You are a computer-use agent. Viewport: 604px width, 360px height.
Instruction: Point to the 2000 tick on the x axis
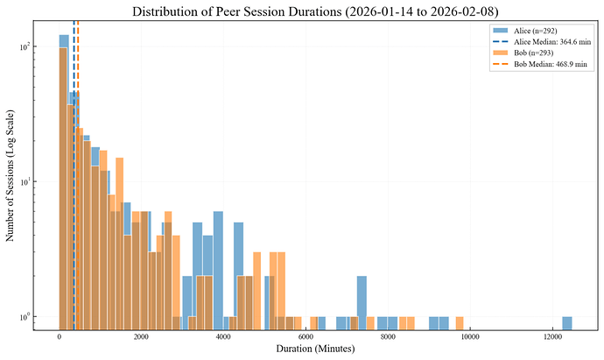(142, 335)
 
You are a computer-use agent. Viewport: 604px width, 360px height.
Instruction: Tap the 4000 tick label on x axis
(224, 335)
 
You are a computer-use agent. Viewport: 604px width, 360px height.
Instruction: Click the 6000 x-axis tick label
(306, 335)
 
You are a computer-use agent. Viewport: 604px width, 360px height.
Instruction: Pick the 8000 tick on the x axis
(388, 335)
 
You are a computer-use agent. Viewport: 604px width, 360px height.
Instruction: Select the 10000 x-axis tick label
(470, 335)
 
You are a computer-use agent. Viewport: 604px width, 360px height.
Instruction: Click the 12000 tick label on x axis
(552, 335)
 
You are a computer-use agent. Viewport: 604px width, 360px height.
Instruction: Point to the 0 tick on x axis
(60, 335)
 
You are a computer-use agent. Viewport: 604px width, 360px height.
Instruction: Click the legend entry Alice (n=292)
(535, 31)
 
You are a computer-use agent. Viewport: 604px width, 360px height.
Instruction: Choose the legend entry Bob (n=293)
(533, 53)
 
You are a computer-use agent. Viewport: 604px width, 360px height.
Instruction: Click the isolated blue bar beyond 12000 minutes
(567, 321)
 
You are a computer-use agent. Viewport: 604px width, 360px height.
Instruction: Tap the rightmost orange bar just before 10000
(460, 321)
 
